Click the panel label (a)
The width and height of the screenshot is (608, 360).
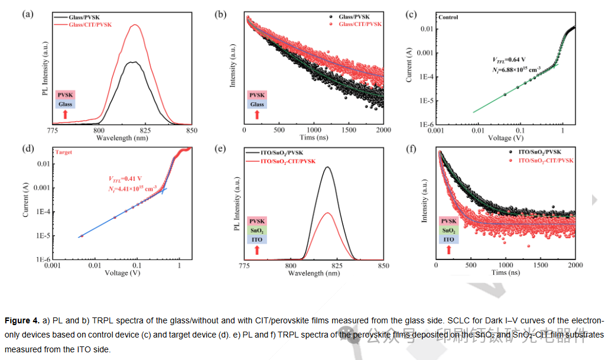[28, 14]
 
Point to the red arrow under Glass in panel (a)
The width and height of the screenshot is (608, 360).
[65, 114]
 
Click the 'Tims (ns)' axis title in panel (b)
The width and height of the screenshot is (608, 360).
[315, 137]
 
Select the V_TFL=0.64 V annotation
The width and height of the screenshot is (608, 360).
[509, 60]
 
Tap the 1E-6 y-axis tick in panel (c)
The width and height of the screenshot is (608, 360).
[425, 125]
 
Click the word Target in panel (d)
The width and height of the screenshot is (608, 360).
[64, 152]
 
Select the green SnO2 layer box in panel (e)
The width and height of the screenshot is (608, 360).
[256, 231]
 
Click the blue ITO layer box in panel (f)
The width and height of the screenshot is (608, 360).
[448, 239]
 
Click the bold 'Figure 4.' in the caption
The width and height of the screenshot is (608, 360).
[22, 320]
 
